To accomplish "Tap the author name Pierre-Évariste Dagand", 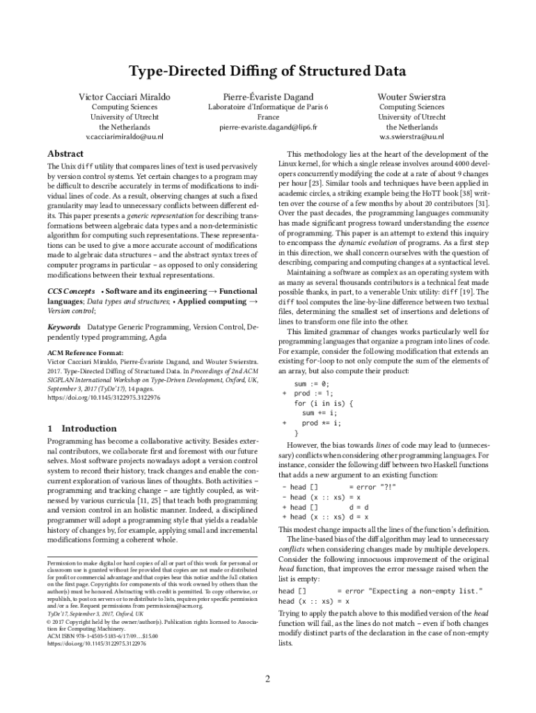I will click(268, 96).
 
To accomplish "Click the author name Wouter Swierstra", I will click(411, 96).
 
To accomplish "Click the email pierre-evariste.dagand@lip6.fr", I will click(268, 128).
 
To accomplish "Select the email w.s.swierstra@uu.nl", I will click(411, 138).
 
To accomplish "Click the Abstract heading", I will click(65, 154).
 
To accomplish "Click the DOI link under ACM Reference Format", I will click(104, 398).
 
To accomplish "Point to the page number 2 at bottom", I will click(267, 680).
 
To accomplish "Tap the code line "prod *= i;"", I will click(321, 423).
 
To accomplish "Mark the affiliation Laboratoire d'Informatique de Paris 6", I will click(268, 107).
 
